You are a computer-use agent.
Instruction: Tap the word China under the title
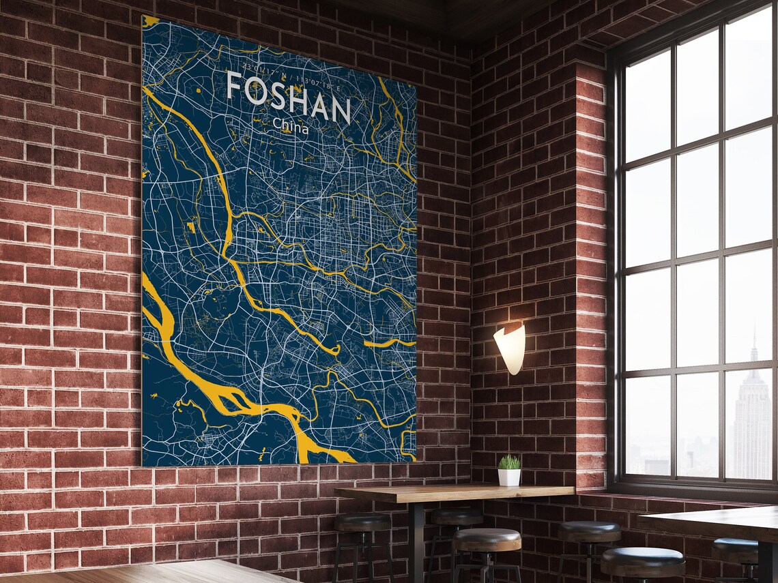(x=290, y=126)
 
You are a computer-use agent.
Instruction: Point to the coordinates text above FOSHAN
(x=287, y=70)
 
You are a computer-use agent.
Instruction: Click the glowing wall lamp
(x=510, y=348)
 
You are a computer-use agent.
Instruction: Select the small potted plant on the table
(x=508, y=470)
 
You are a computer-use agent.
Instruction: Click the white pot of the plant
(x=508, y=477)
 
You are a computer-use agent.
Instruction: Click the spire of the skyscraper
(x=755, y=341)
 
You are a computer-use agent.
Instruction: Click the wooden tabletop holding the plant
(x=450, y=493)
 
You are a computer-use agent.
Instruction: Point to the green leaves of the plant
(x=508, y=462)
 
